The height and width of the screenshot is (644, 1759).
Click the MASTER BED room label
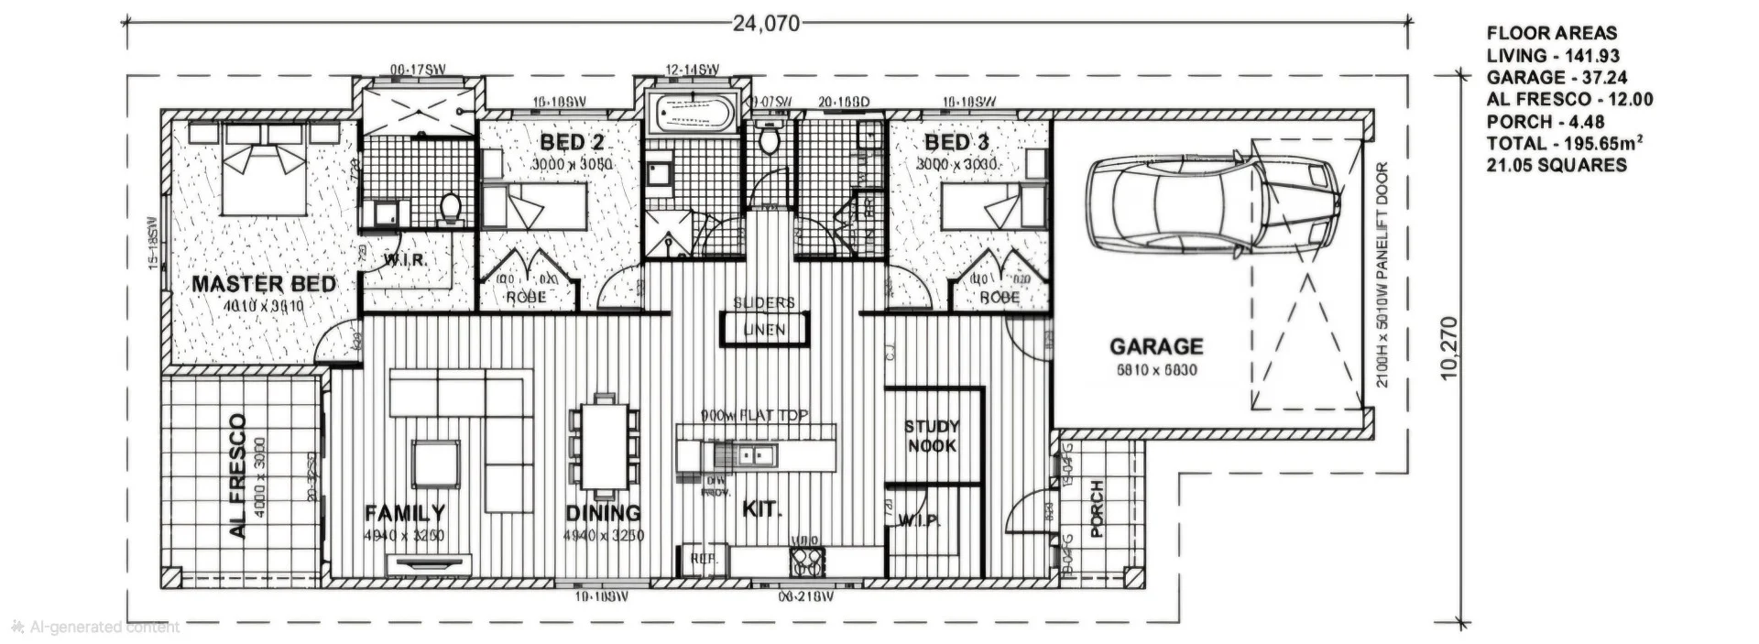coord(263,284)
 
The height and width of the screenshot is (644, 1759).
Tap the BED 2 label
coord(572,142)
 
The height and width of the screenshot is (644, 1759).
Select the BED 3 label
coord(956,142)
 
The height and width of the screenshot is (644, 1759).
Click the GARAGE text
coord(1156,346)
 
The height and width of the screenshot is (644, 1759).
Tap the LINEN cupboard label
coord(764,330)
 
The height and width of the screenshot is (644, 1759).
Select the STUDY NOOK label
coord(931,436)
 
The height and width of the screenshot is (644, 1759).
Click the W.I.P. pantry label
coord(919,521)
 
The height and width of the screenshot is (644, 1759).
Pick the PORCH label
coord(1097,508)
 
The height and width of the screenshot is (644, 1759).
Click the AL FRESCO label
coord(237,475)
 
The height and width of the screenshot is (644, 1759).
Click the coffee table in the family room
coord(435,464)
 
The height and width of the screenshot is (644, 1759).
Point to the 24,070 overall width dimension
coord(766,24)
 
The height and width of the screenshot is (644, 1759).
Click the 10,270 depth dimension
coord(1448,347)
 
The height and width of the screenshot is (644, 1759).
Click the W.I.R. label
coord(405,260)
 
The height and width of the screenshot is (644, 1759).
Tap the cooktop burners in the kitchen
coord(807,561)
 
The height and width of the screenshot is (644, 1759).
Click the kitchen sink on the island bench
coord(759,454)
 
